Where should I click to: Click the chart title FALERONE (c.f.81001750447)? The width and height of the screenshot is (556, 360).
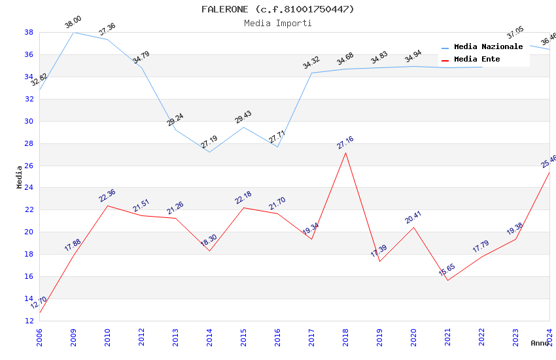(277, 9)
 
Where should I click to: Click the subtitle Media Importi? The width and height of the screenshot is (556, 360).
(277, 24)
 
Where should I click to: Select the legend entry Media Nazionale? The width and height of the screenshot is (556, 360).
(488, 47)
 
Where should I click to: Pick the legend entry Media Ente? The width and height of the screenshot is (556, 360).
(477, 60)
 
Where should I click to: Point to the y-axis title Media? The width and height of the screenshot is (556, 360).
(19, 177)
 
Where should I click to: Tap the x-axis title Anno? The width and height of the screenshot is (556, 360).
(540, 343)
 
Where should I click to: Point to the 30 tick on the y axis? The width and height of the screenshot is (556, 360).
(29, 121)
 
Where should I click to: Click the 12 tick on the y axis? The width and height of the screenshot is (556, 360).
(29, 321)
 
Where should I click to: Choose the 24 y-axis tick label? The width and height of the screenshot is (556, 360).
(29, 188)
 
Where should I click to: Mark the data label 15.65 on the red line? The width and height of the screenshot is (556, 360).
(447, 270)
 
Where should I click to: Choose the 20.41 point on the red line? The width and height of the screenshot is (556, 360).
(413, 227)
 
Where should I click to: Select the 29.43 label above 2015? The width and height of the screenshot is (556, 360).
(243, 117)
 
